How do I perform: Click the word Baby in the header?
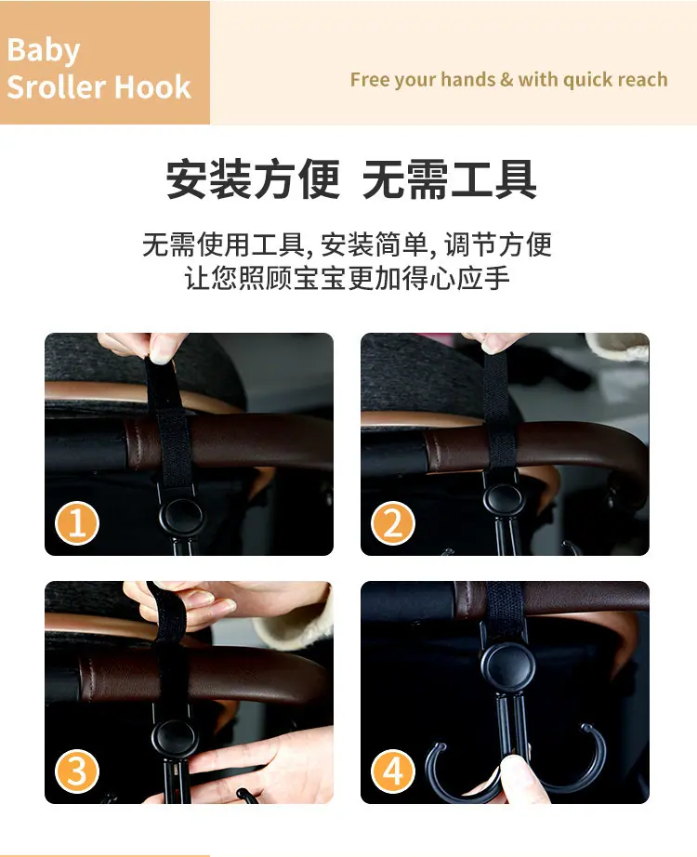pyautogui.click(x=43, y=51)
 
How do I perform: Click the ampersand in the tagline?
pyautogui.click(x=506, y=80)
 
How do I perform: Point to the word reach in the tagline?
pyautogui.click(x=643, y=80)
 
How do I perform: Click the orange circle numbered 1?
pyautogui.click(x=77, y=522)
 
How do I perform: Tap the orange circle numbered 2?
pyautogui.click(x=393, y=522)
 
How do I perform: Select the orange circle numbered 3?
pyautogui.click(x=77, y=771)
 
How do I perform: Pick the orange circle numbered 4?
pyautogui.click(x=393, y=771)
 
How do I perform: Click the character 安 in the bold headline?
pyautogui.click(x=187, y=178)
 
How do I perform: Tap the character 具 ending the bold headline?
pyautogui.click(x=516, y=178)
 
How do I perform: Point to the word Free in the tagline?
pyautogui.click(x=370, y=80)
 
